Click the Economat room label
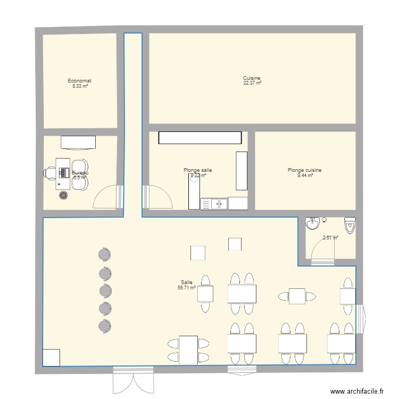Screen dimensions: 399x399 tap(80, 81)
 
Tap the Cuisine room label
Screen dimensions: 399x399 tap(252, 78)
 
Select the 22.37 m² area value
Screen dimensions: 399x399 tap(252, 83)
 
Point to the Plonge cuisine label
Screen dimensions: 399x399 tap(305, 170)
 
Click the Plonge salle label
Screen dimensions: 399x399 tap(198, 170)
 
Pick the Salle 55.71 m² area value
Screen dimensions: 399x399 tap(187, 287)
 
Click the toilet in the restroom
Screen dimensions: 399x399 tap(350, 225)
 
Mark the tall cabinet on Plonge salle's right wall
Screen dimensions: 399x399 tap(242, 170)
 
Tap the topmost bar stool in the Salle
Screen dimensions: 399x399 tap(104, 255)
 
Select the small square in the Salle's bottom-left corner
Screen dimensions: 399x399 tap(52, 358)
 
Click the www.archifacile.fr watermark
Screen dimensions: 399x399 tap(357, 392)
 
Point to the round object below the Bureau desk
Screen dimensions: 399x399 tap(64, 195)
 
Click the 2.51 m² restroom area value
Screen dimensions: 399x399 tap(330, 238)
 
